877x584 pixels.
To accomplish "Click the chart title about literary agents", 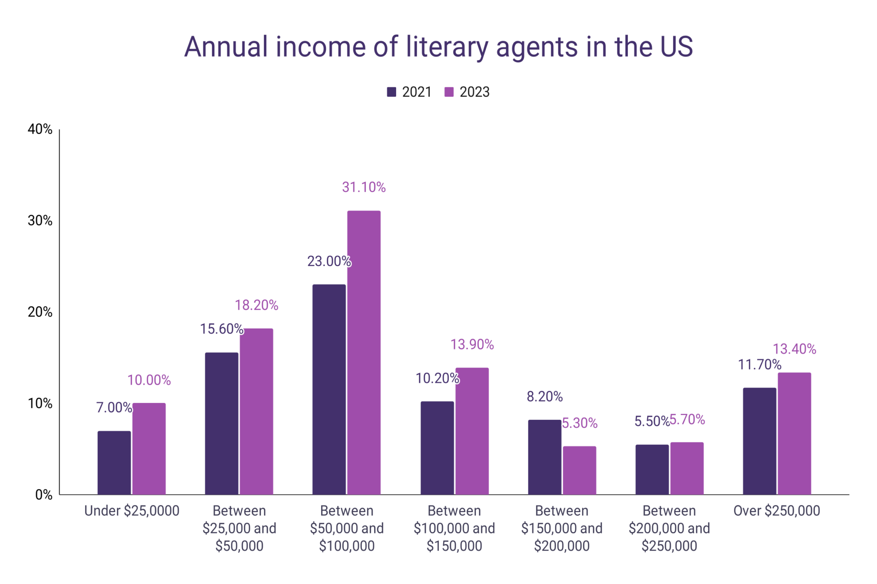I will (x=438, y=47).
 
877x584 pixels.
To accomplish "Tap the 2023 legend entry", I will (x=467, y=92).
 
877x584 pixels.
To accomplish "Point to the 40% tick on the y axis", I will (x=40, y=129).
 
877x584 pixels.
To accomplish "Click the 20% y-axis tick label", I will (x=40, y=312).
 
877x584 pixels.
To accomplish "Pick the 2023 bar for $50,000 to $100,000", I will (x=364, y=353).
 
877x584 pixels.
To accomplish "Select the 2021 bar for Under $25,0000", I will (x=114, y=462).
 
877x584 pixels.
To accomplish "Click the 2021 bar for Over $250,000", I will (x=759, y=441).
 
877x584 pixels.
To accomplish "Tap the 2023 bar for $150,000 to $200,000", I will (x=579, y=470).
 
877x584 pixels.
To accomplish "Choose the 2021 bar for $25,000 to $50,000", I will (x=221, y=424).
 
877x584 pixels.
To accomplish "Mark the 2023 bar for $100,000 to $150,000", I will (x=471, y=431).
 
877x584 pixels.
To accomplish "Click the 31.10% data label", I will (x=364, y=187).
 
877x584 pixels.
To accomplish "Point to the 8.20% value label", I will (x=544, y=397).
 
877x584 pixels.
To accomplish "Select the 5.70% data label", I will (x=687, y=420).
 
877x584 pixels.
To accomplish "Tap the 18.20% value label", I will (x=256, y=305).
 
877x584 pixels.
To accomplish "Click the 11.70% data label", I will (x=759, y=365).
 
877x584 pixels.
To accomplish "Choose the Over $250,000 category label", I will (x=776, y=510).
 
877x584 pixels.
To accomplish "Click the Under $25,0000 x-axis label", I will (x=131, y=510).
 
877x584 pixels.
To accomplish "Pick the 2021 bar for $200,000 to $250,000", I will (x=652, y=469).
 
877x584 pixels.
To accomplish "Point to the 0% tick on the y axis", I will (x=43, y=495).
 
